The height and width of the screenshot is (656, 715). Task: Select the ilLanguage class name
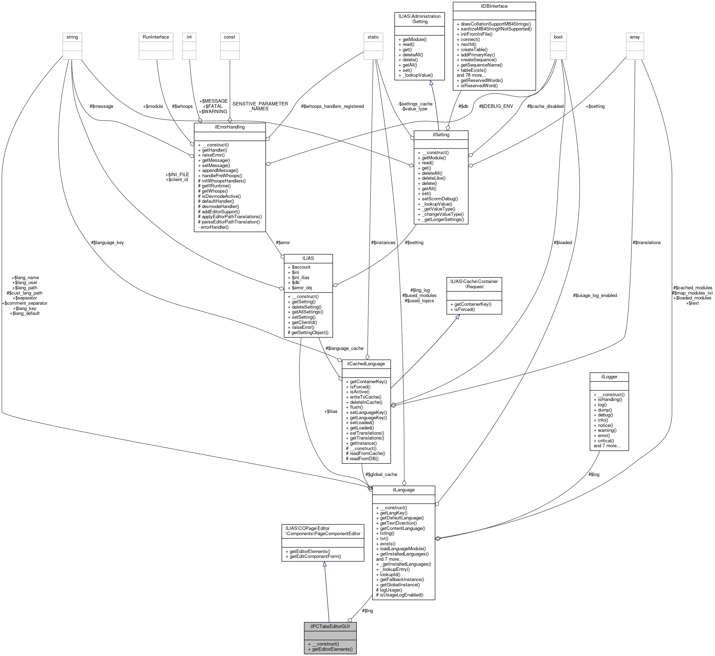(x=403, y=490)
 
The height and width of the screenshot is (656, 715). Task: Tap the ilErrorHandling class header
(x=230, y=127)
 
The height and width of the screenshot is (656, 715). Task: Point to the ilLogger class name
(x=609, y=376)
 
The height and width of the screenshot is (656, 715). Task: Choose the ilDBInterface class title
(x=494, y=6)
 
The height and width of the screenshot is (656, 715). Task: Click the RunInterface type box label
(x=156, y=37)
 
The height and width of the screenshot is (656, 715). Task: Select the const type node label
(x=230, y=37)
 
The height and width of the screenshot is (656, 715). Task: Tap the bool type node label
(x=558, y=37)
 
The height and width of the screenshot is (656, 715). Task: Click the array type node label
(x=634, y=37)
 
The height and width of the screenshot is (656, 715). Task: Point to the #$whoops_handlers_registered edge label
(x=332, y=106)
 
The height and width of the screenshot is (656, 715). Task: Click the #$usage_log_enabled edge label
(x=594, y=295)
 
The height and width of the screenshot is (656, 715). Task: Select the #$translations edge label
(x=646, y=242)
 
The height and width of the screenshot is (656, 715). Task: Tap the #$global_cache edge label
(x=381, y=474)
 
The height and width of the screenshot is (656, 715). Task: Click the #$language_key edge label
(x=107, y=242)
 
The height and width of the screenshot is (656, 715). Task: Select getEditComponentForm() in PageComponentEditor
(x=315, y=556)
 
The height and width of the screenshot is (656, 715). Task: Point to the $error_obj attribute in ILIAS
(x=301, y=288)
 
